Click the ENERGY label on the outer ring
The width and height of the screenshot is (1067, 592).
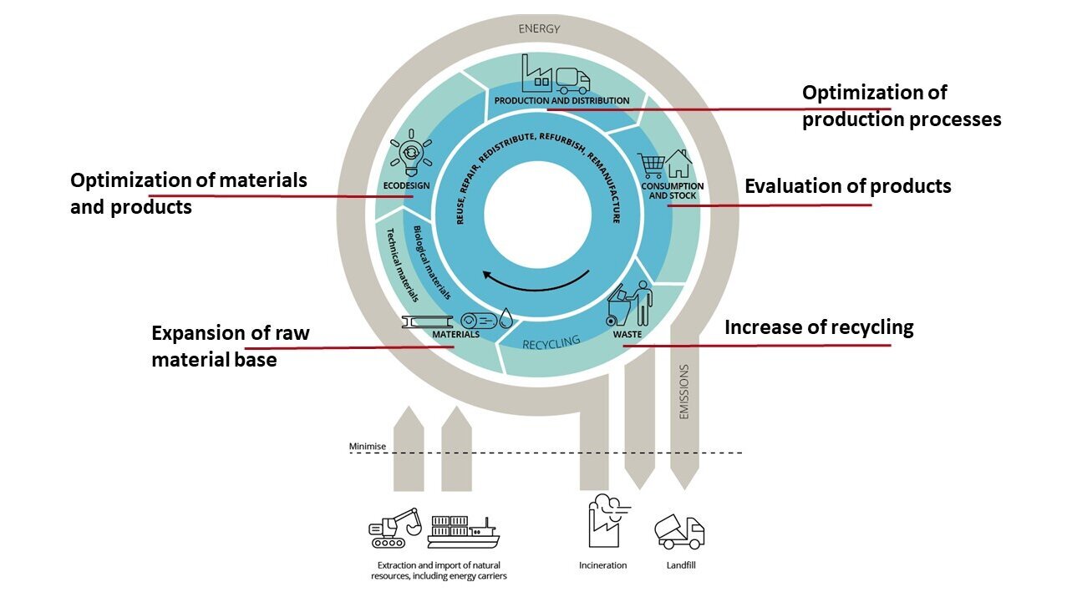539,28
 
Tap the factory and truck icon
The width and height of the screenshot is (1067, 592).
556,74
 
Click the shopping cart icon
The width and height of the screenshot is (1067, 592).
651,164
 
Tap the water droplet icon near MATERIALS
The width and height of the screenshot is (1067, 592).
507,318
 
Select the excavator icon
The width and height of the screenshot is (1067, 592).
395,528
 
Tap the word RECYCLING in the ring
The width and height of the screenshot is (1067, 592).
551,342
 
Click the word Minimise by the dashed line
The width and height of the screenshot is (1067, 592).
368,447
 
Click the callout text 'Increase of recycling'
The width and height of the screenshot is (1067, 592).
819,326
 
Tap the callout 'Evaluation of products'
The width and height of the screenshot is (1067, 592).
847,185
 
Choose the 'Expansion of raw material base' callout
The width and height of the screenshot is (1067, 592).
230,347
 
